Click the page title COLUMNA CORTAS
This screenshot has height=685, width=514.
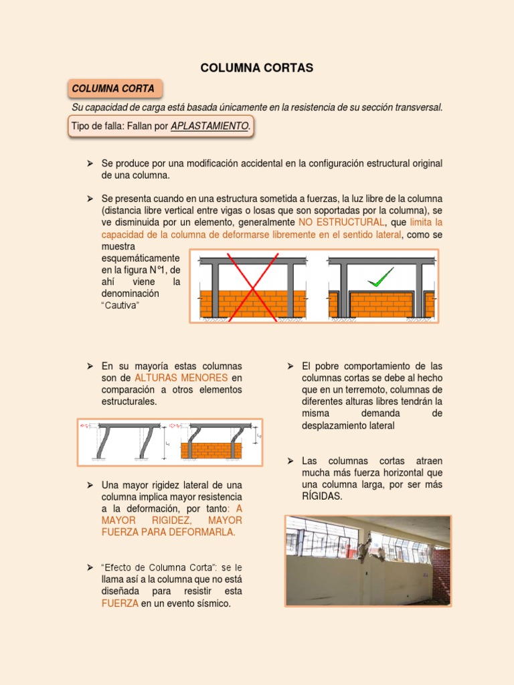pyautogui.click(x=257, y=68)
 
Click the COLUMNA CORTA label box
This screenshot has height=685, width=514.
pyautogui.click(x=114, y=88)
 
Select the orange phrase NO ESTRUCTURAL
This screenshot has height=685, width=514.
pyautogui.click(x=342, y=222)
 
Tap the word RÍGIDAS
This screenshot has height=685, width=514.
pyautogui.click(x=323, y=496)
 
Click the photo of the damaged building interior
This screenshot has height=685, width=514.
pyautogui.click(x=367, y=561)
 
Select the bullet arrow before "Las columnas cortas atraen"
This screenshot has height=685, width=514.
pyautogui.click(x=290, y=461)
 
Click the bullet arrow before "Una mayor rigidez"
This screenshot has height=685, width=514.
pyautogui.click(x=90, y=484)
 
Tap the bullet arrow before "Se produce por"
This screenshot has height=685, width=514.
pyautogui.click(x=90, y=163)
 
